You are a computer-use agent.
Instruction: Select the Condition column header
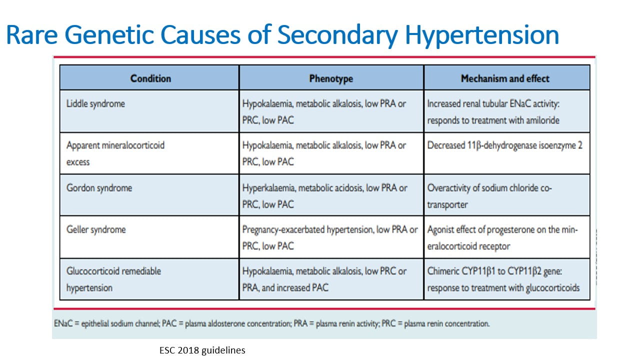point(150,78)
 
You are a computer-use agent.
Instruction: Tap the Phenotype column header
point(331,78)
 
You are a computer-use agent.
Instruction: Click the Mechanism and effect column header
point(505,78)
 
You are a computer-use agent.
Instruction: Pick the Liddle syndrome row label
point(95,104)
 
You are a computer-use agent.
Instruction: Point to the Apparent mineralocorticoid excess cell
point(115,153)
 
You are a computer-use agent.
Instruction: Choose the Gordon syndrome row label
point(99,188)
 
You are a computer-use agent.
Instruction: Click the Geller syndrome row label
point(96,229)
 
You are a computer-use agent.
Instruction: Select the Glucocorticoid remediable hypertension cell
point(113,279)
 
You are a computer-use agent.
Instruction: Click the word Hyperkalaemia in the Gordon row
point(267,188)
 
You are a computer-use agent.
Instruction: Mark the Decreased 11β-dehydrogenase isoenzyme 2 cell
point(504,145)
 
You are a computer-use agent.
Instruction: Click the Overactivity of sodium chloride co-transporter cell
point(489,196)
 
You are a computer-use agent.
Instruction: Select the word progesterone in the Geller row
point(513,229)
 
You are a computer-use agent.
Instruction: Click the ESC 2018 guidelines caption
point(202,350)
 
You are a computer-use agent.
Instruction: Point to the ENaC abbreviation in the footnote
point(62,323)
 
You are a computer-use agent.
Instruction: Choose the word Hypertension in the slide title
point(481,35)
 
